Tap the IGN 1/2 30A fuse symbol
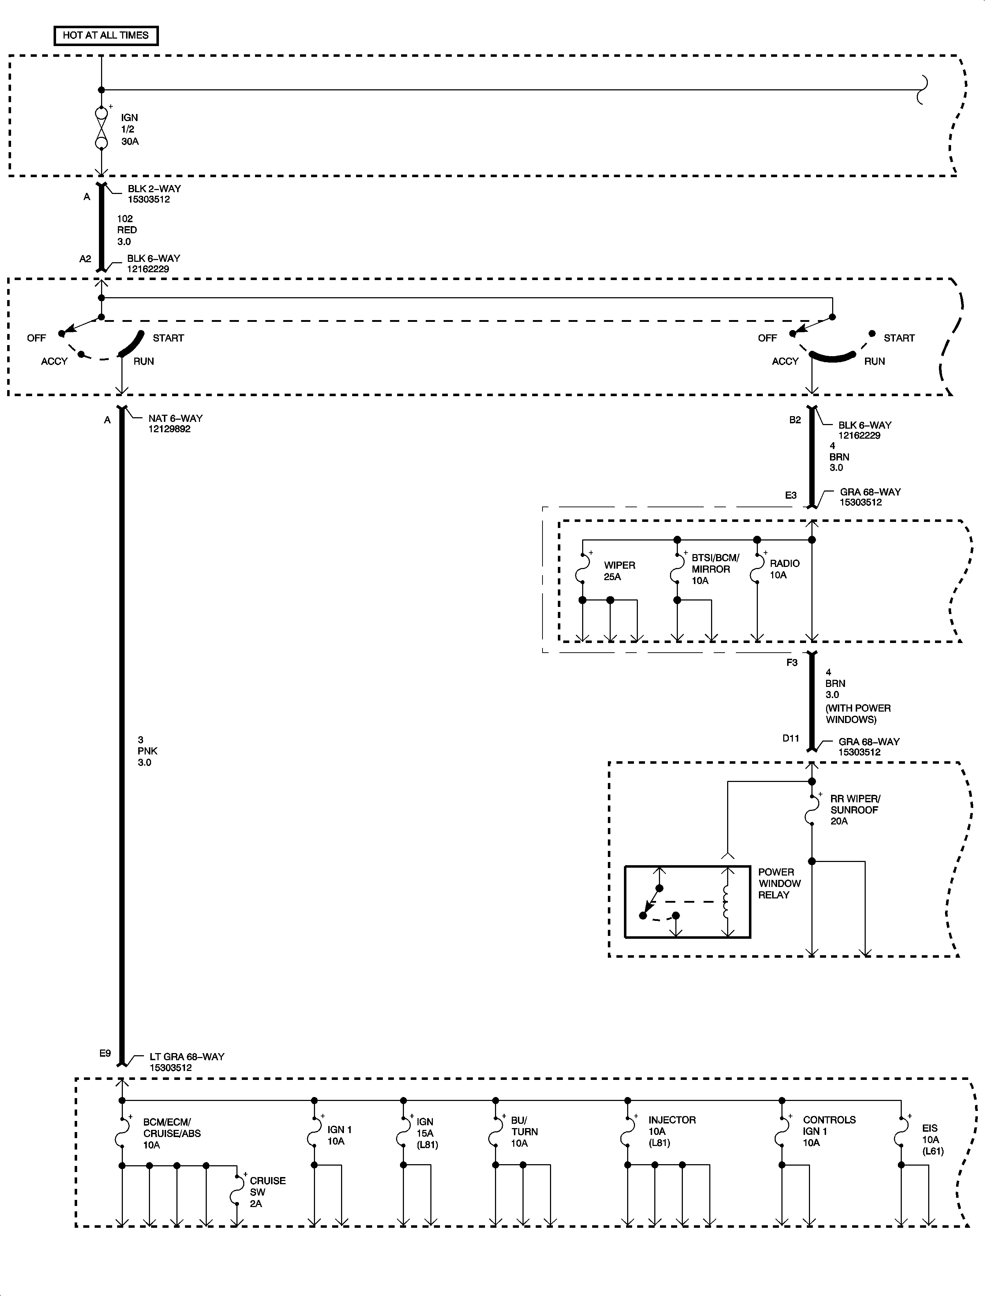(101, 127)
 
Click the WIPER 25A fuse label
(620, 570)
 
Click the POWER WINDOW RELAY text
(779, 883)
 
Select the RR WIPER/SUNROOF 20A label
(855, 810)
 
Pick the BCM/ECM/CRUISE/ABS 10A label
(172, 1133)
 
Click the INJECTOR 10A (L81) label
(672, 1131)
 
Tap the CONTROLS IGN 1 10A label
(829, 1131)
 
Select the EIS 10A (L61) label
(932, 1140)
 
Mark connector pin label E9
(105, 1053)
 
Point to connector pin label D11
(791, 738)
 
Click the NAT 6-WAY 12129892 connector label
(175, 423)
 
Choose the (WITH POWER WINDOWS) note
(858, 714)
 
